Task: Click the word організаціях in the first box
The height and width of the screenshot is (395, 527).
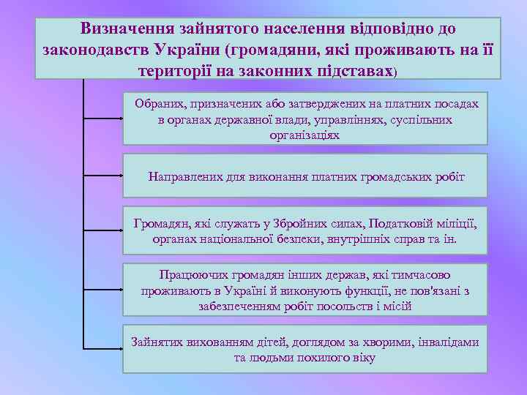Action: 304,135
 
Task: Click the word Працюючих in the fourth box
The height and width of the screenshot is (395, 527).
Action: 189,275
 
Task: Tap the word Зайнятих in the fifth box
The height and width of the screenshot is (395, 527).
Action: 155,342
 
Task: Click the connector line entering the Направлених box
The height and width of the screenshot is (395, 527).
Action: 102,176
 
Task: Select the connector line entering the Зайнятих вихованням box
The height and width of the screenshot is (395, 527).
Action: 102,347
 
